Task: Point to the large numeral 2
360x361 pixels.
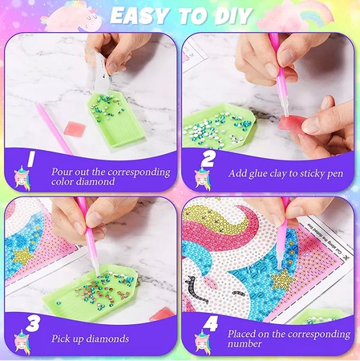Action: click(x=208, y=160)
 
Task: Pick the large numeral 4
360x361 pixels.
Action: click(x=208, y=325)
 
